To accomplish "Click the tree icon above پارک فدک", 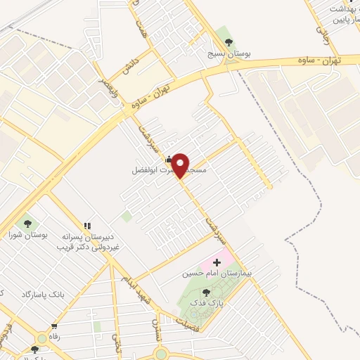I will pyautogui.click(x=206, y=292).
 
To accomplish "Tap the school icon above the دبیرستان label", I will pyautogui.click(x=87, y=226).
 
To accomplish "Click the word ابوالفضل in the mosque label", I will pyautogui.click(x=144, y=170).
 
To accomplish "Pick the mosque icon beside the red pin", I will pyautogui.click(x=168, y=158).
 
